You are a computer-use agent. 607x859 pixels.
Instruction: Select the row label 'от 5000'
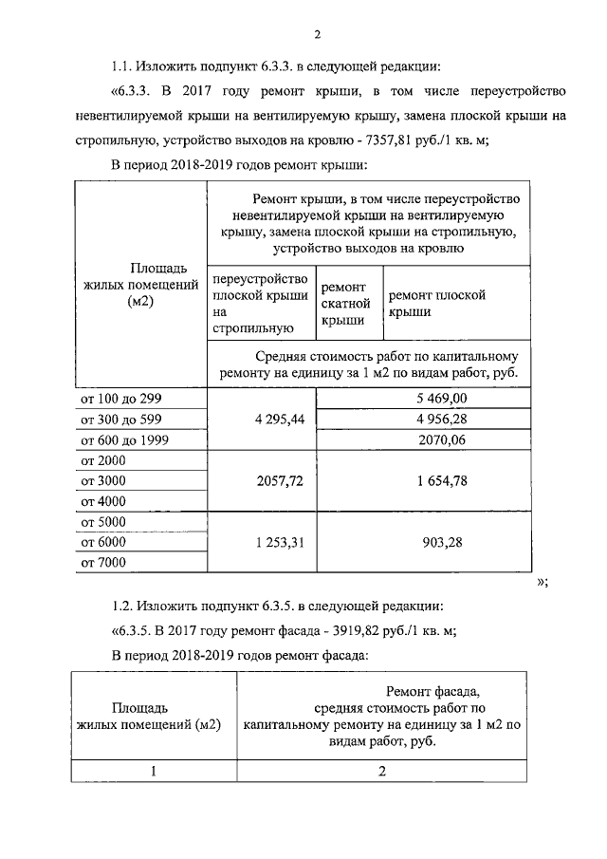(x=104, y=522)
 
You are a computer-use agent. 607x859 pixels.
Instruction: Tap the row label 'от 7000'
(x=104, y=563)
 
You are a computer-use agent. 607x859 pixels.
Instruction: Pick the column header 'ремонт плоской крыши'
(x=437, y=303)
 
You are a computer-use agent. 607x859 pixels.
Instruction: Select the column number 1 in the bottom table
(x=153, y=772)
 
